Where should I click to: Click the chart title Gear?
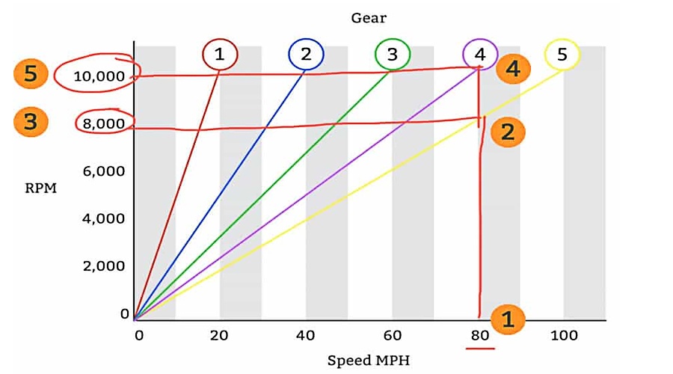pos(369,16)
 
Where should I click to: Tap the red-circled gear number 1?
pos(219,54)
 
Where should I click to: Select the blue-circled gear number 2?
pos(306,54)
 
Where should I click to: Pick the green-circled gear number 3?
pos(392,54)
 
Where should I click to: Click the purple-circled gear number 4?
pos(479,54)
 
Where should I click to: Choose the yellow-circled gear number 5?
pos(562,54)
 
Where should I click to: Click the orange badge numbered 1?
pos(508,320)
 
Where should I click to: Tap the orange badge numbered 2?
pos(508,132)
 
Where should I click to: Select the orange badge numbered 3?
pos(30,122)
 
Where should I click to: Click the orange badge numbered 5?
pos(30,74)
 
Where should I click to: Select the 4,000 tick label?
pos(104,218)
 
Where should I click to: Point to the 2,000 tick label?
pos(104,266)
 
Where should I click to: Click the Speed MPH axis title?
pos(369,361)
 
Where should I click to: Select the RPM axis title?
pos(40,188)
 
